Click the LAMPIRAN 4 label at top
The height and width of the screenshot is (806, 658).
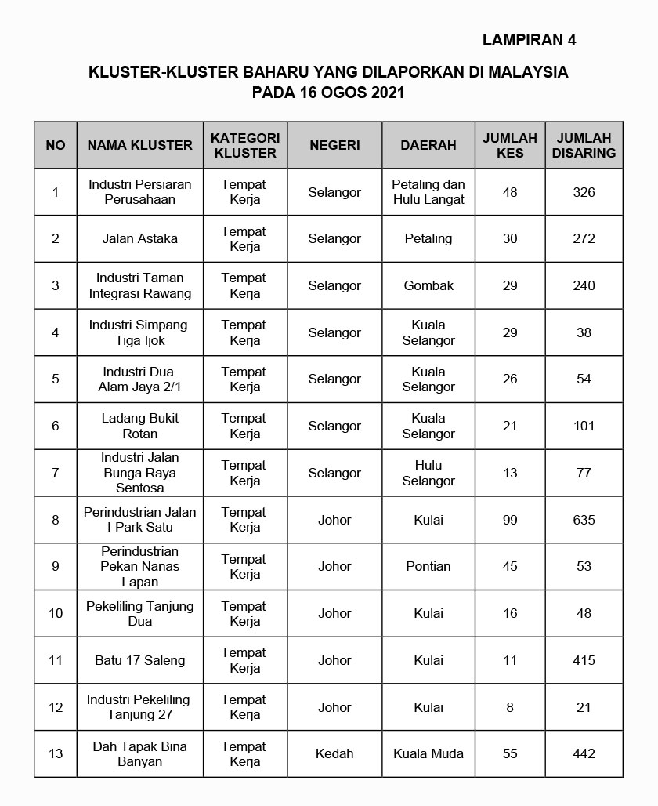click(x=529, y=40)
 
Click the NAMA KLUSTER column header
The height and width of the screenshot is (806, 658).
click(x=139, y=145)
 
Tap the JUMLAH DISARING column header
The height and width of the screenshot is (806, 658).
click(x=584, y=145)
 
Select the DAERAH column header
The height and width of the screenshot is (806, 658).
click(x=428, y=145)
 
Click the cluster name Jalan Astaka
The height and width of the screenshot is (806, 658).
click(x=139, y=238)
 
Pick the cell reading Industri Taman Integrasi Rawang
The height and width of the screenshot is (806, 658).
click(x=139, y=285)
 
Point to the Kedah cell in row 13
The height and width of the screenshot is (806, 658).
click(x=334, y=753)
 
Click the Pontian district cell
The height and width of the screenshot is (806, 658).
click(x=428, y=566)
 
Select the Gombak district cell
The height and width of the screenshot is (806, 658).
click(x=428, y=285)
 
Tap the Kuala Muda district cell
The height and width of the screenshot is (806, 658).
click(x=428, y=753)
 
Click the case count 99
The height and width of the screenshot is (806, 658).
click(x=510, y=520)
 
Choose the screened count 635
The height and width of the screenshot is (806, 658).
click(x=584, y=520)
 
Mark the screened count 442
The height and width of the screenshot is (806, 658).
click(x=584, y=753)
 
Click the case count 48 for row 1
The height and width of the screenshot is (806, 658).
click(x=510, y=192)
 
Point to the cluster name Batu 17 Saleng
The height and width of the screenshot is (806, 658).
click(x=139, y=660)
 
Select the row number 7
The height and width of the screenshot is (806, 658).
click(x=56, y=473)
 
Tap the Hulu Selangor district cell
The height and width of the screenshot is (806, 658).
click(x=428, y=473)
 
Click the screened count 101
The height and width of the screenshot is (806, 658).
click(x=584, y=426)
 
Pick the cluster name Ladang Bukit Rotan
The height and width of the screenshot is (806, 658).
click(x=139, y=426)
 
